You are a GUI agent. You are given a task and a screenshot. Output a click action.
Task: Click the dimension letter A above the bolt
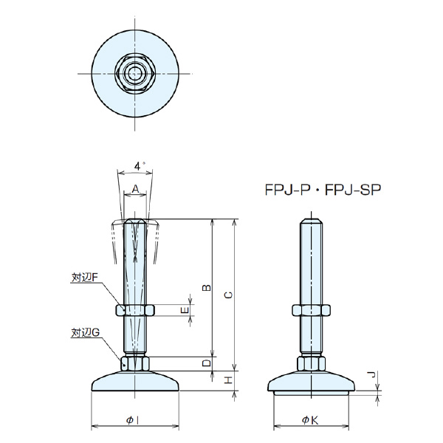[x=135, y=188]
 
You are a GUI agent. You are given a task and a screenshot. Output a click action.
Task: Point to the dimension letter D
[x=207, y=363]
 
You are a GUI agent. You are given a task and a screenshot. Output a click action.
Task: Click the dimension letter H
[x=229, y=380]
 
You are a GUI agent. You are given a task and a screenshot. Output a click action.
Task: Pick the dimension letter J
[x=373, y=376]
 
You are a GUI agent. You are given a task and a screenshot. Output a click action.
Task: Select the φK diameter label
[x=309, y=420]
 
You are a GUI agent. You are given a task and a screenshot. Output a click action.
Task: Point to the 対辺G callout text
[x=85, y=333]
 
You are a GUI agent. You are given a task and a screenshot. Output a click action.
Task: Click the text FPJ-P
[x=288, y=189]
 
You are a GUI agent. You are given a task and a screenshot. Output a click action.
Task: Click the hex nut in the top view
[x=135, y=73]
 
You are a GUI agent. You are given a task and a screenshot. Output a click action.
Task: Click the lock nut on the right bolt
[x=309, y=311]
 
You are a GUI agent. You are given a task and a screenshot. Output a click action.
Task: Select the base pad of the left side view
[x=134, y=383]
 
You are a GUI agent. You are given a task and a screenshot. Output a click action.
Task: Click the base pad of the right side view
[x=309, y=383]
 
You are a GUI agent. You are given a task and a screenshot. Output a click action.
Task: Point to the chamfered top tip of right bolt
[x=309, y=221]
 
